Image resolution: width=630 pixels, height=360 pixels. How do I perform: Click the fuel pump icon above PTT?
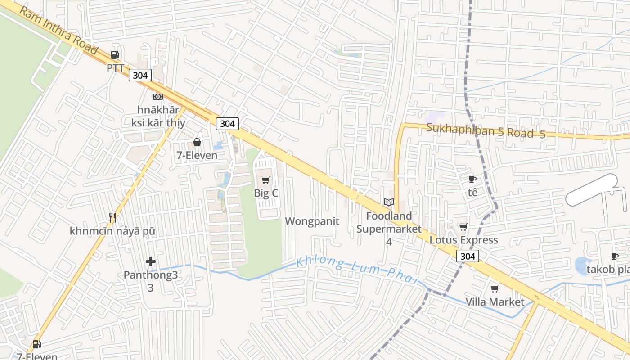(115, 55)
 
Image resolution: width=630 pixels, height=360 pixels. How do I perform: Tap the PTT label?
(115, 68)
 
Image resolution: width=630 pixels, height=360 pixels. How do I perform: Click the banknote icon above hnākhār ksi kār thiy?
(157, 97)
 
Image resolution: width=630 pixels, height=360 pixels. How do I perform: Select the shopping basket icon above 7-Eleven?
(197, 143)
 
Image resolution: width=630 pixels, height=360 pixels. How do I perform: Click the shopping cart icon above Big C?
(265, 180)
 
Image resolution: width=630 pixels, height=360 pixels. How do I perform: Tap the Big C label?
(266, 193)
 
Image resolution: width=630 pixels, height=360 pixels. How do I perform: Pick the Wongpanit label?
(312, 221)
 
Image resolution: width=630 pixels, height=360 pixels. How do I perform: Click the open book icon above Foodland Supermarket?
(388, 203)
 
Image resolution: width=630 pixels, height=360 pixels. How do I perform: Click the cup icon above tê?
(472, 180)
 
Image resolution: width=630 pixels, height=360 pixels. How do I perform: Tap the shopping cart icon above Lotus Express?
(463, 227)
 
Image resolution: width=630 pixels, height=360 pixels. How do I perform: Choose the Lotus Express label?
(463, 240)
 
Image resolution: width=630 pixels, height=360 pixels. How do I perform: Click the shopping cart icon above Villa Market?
(495, 288)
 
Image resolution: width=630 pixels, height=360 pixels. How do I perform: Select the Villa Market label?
(495, 301)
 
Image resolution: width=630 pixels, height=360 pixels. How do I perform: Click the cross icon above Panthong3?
(151, 261)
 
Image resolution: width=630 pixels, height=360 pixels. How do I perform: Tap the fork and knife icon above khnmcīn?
(112, 218)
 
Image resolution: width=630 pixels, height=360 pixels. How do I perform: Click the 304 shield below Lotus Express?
(468, 256)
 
